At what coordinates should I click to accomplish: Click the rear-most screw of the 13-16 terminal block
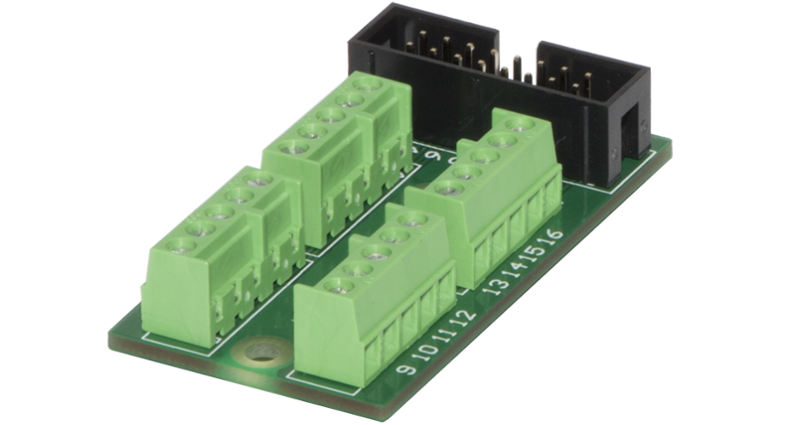click(515, 125)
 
